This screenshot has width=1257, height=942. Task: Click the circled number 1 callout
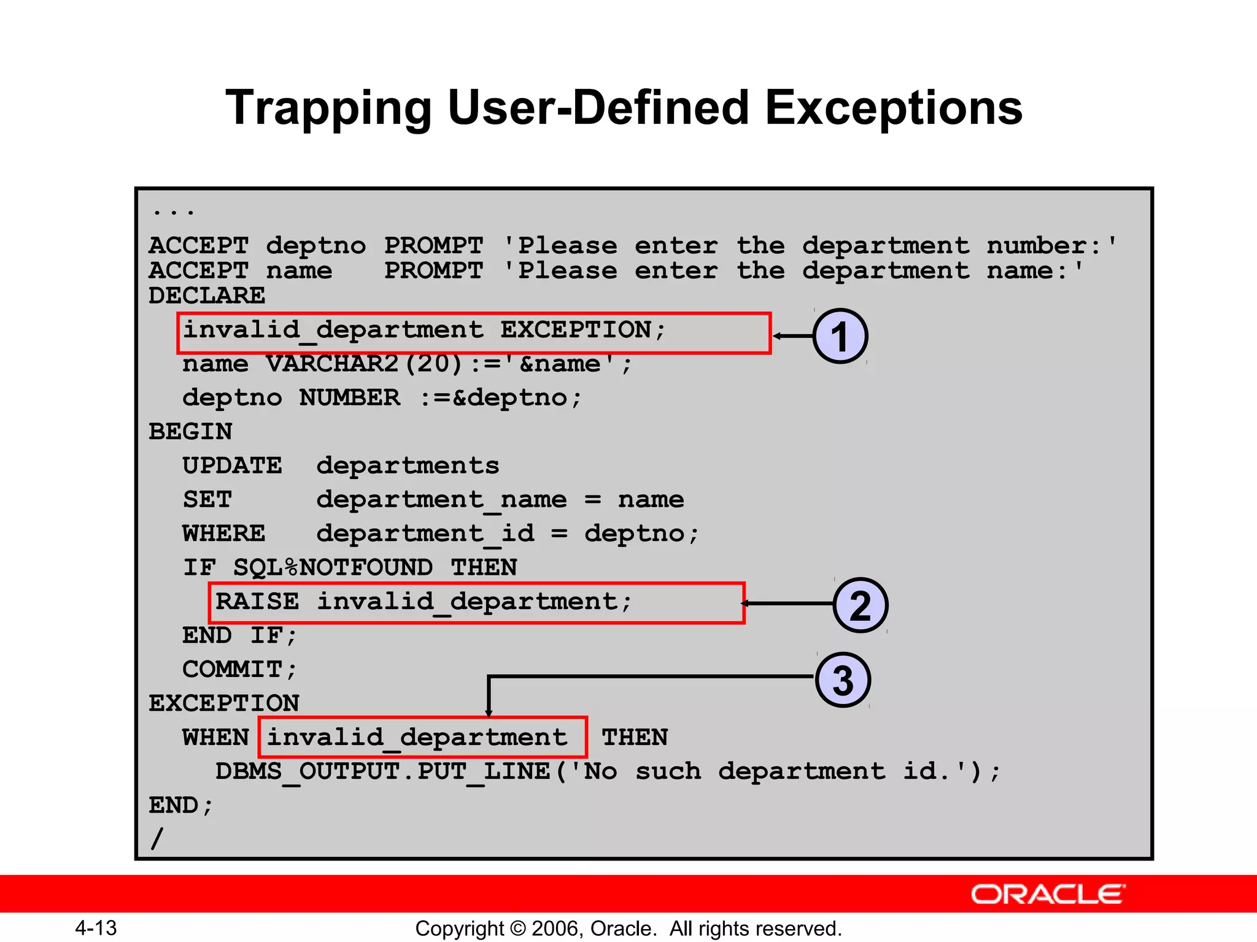click(x=840, y=336)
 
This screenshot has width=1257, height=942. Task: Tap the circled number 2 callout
click(x=861, y=605)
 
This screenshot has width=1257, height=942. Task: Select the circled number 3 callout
click(x=843, y=680)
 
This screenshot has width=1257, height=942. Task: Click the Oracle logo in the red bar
click(x=1048, y=894)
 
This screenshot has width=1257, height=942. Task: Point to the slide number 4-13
click(x=96, y=928)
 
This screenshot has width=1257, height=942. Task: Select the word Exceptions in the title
click(x=893, y=109)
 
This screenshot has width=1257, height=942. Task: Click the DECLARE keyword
click(x=207, y=296)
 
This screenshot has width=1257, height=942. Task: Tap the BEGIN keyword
click(x=190, y=432)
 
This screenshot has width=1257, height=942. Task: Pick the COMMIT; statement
click(x=239, y=669)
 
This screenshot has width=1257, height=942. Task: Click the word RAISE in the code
click(x=257, y=602)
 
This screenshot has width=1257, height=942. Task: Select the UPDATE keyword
click(x=232, y=465)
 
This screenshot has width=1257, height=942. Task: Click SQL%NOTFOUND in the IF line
click(x=332, y=567)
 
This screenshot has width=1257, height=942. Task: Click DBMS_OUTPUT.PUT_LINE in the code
click(x=383, y=772)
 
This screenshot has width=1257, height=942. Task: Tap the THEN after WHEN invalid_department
click(x=635, y=737)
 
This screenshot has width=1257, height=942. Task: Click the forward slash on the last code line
click(x=157, y=838)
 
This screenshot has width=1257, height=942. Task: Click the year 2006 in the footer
click(x=557, y=929)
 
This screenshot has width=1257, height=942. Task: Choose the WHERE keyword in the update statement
click(x=223, y=534)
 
